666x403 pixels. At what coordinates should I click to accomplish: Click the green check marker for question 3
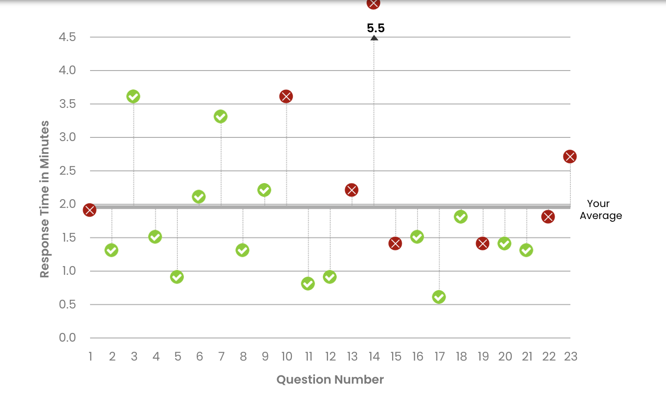(133, 96)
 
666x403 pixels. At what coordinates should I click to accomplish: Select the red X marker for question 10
(286, 96)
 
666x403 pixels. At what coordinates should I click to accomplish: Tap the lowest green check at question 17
(439, 297)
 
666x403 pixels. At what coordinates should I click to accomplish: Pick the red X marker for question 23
(569, 157)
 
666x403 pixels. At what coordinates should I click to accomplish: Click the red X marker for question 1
(90, 210)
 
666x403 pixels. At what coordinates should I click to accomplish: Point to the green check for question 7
(220, 117)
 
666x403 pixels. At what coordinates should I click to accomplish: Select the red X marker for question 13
(351, 190)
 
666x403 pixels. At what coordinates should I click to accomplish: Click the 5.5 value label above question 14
(375, 28)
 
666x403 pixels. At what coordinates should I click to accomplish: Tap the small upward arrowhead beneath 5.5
(374, 38)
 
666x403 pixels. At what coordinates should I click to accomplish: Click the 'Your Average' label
(600, 210)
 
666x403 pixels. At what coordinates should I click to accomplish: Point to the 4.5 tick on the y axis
(67, 37)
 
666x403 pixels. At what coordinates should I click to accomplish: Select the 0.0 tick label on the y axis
(67, 338)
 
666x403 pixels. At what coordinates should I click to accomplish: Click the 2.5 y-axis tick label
(67, 171)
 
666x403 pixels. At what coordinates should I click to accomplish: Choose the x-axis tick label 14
(374, 356)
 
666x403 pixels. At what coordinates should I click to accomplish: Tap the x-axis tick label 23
(570, 356)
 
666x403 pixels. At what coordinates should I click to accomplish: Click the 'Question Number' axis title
(330, 379)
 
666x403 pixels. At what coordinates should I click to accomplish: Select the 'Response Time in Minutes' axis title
(44, 199)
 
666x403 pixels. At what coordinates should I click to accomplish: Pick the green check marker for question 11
(308, 284)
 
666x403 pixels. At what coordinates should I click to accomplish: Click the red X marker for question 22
(548, 217)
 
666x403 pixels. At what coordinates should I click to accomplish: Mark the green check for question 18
(460, 217)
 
